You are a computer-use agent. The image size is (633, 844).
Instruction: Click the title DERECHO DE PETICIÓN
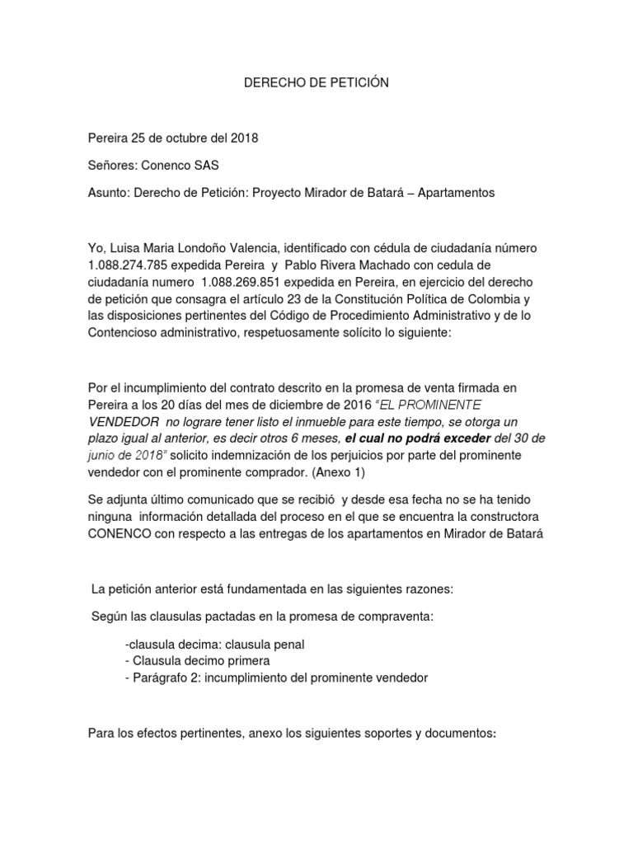316,82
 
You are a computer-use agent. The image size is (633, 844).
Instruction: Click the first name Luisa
127,246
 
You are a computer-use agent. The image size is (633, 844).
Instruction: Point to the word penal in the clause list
290,643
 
